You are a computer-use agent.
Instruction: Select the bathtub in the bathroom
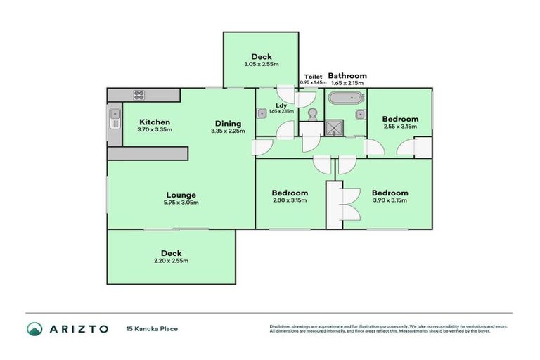[347, 98]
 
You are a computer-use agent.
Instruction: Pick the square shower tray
[332, 128]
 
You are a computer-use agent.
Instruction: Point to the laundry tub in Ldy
[262, 112]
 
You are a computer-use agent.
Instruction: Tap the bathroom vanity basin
[359, 113]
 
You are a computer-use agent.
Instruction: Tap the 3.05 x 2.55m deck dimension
[262, 65]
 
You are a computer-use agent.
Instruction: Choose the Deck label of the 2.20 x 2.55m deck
[171, 253]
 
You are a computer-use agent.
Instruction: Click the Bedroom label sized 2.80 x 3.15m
[290, 193]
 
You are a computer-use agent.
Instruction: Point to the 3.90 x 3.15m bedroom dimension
[390, 200]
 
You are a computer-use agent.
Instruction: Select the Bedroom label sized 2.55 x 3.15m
[400, 119]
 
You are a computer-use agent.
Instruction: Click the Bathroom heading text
[347, 76]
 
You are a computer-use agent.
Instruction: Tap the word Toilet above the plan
[313, 76]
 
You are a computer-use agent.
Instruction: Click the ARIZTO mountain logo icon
[34, 328]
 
